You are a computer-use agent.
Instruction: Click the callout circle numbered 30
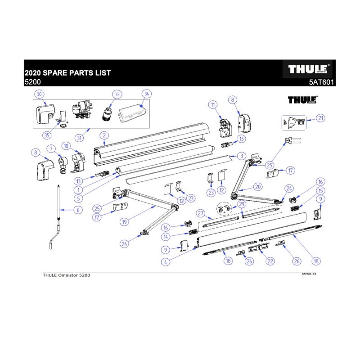tap(39, 94)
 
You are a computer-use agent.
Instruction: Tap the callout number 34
tap(146, 94)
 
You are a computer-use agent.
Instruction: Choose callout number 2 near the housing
tap(104, 135)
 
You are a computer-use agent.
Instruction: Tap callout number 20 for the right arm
tap(257, 187)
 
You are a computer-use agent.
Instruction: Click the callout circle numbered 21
tap(320, 118)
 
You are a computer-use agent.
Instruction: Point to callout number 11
tap(212, 104)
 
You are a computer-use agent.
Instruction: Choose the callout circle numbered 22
tap(270, 261)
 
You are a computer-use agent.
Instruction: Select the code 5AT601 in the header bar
tap(321, 82)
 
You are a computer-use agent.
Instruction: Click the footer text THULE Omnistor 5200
tap(63, 275)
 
